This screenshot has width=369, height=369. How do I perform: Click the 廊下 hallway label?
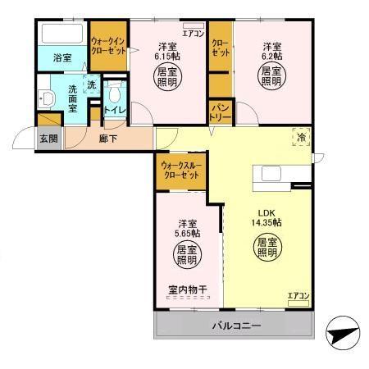[x=107, y=139]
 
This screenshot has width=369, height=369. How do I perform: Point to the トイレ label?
[x=113, y=110]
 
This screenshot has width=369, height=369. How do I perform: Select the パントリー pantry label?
[x=220, y=110]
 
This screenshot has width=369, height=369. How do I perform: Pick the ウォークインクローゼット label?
[x=108, y=45]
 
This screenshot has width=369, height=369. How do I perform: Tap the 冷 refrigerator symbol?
[x=302, y=139]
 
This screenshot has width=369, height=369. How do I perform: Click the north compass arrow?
[x=344, y=335]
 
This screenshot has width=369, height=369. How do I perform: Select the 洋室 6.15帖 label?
[x=171, y=52]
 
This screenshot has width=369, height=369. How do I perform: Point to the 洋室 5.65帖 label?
[x=188, y=229]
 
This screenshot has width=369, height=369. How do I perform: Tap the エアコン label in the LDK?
[x=298, y=295]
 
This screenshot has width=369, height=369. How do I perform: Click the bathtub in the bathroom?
[x=61, y=35]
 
